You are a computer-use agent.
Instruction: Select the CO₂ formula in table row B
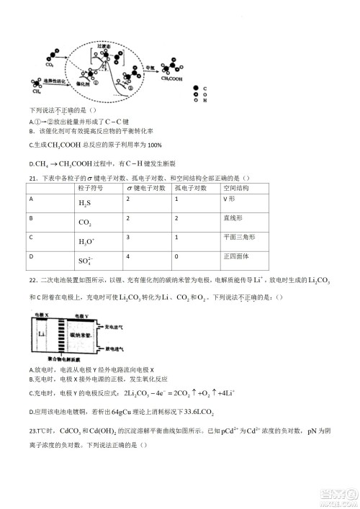point(85,223)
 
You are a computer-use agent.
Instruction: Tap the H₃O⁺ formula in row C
point(86,242)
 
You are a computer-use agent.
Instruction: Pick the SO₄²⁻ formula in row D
point(86,261)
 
